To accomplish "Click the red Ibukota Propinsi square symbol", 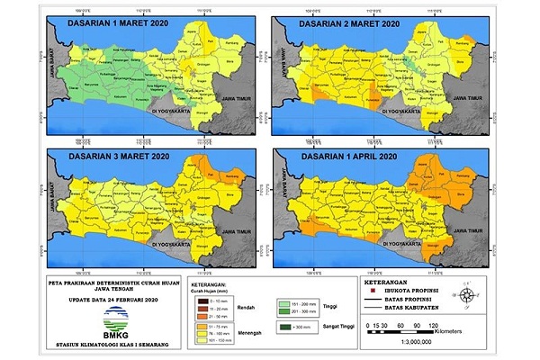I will (x=374, y=291).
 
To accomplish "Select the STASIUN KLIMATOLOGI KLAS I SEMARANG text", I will (x=113, y=345).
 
